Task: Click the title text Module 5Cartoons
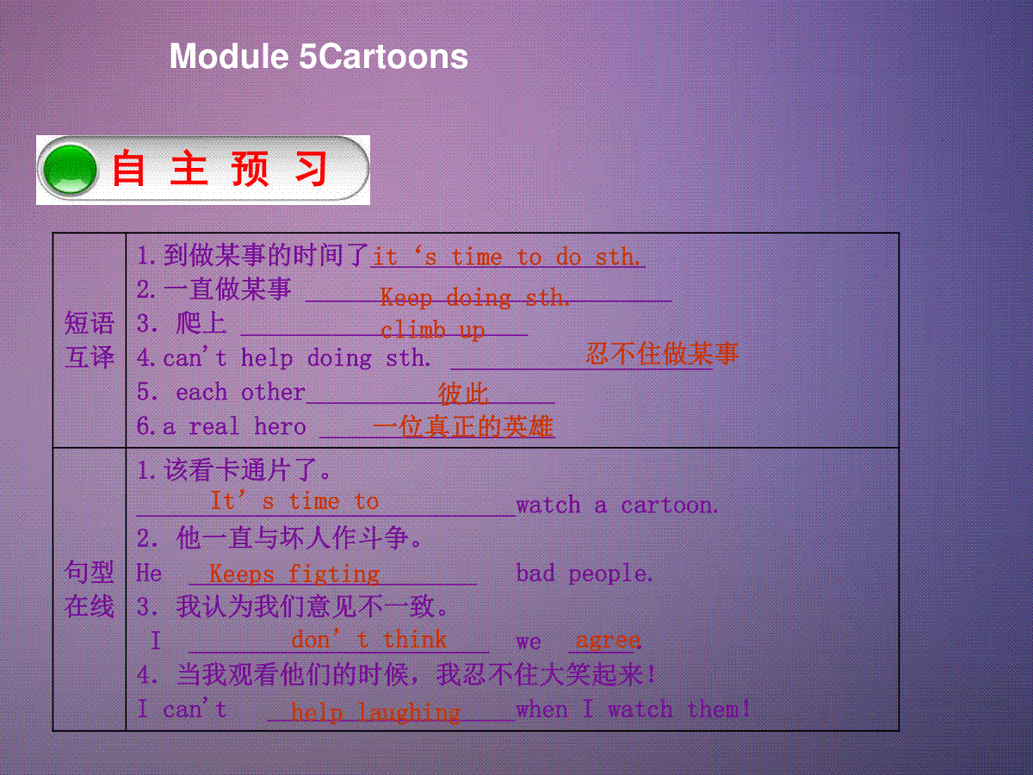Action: pyautogui.click(x=319, y=57)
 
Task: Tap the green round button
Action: pyautogui.click(x=70, y=170)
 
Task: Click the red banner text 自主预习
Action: pyautogui.click(x=220, y=169)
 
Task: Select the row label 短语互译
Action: pyautogui.click(x=90, y=340)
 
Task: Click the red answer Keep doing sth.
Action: pyautogui.click(x=475, y=298)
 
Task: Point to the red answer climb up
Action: pyautogui.click(x=432, y=331)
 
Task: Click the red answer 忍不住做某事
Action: pyautogui.click(x=662, y=353)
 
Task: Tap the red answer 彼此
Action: pyautogui.click(x=463, y=394)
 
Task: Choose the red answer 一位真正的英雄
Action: pyautogui.click(x=463, y=427)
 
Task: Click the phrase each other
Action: pyautogui.click(x=240, y=392)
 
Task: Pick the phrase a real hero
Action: pyautogui.click(x=234, y=426)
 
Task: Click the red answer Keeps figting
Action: pyautogui.click(x=294, y=574)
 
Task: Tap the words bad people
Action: pyautogui.click(x=585, y=573)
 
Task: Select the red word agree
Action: pyautogui.click(x=608, y=641)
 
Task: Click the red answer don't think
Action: pyautogui.click(x=368, y=640)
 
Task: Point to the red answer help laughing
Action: pyautogui.click(x=375, y=712)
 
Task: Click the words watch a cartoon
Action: pyautogui.click(x=617, y=505)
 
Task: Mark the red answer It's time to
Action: pyautogui.click(x=294, y=500)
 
